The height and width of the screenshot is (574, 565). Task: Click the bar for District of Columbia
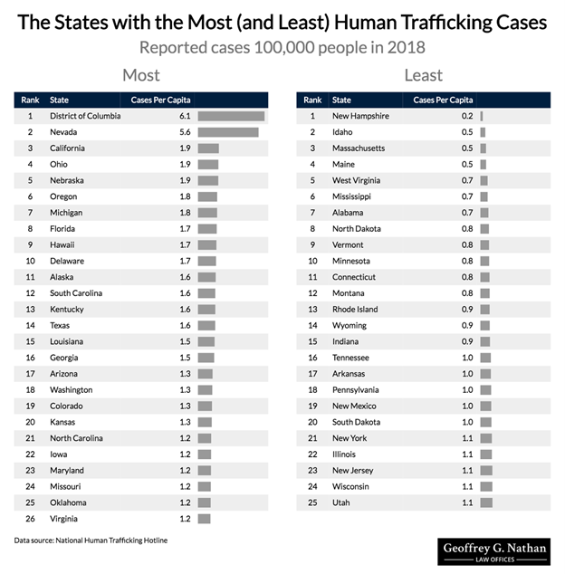pyautogui.click(x=231, y=116)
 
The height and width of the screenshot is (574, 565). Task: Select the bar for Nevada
pyautogui.click(x=228, y=132)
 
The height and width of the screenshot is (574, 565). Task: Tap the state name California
pyautogui.click(x=68, y=148)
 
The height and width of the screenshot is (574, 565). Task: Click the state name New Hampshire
pyautogui.click(x=361, y=116)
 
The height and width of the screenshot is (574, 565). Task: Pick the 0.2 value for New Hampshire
pyautogui.click(x=467, y=116)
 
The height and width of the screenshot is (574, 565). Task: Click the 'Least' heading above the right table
pyautogui.click(x=423, y=75)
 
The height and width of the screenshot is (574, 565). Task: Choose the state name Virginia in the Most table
pyautogui.click(x=63, y=519)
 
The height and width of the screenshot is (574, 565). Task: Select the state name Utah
pyautogui.click(x=341, y=502)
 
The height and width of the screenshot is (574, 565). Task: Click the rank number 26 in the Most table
pyautogui.click(x=30, y=519)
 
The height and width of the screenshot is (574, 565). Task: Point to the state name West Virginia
pyautogui.click(x=357, y=180)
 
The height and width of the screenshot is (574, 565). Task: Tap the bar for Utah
pyautogui.click(x=485, y=502)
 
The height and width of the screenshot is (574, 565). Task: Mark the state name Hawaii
pyautogui.click(x=63, y=244)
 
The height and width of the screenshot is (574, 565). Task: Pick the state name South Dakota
pyautogui.click(x=357, y=422)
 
